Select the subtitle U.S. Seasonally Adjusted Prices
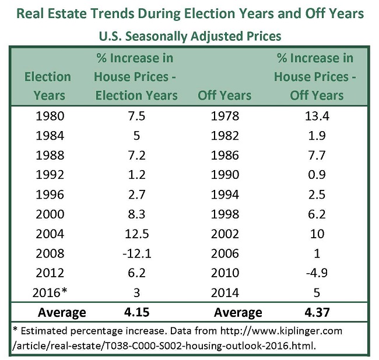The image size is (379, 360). click(189, 36)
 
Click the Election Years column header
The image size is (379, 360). click(48, 86)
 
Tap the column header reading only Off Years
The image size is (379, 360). click(224, 95)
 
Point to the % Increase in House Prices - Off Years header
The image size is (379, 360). click(315, 76)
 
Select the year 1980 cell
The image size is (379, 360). click(48, 116)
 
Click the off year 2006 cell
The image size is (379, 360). click(224, 253)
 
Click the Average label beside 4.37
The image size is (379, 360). click(238, 313)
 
